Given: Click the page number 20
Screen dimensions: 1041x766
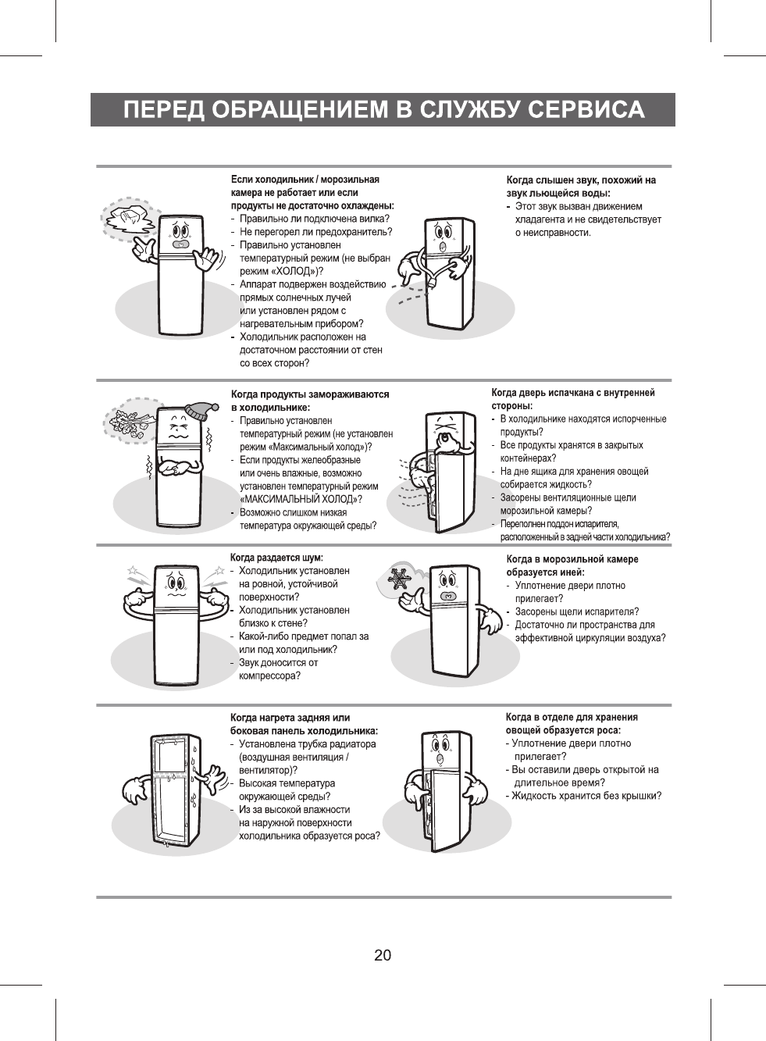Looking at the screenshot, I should tap(383, 955).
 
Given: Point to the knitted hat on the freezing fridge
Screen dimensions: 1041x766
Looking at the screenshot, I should tap(202, 410).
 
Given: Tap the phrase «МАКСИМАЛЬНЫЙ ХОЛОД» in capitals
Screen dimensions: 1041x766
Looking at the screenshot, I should tap(299, 499).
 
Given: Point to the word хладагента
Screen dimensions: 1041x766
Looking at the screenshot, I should tap(540, 219).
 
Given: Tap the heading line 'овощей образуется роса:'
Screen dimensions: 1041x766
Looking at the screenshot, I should tap(562, 730).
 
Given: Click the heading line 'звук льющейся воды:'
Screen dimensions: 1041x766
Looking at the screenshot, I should tap(558, 193).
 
